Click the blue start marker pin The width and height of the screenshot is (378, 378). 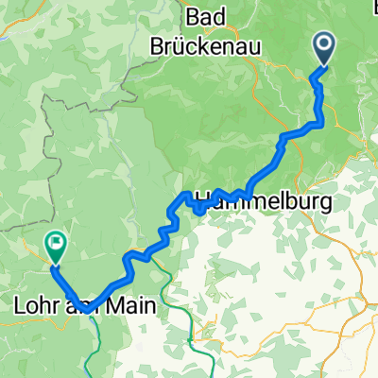(x=323, y=45)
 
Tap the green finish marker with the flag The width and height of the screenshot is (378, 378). (x=54, y=248)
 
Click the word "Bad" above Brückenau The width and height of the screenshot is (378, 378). (x=210, y=16)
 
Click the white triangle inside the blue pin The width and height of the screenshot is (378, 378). (x=323, y=43)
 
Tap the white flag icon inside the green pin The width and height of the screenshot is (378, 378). (x=54, y=246)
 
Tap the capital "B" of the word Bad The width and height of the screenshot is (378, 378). (x=194, y=16)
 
